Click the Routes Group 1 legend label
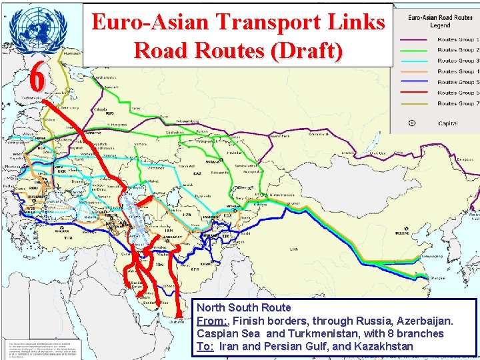tap(458, 39)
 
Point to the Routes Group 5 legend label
tap(458, 81)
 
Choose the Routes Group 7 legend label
tap(458, 103)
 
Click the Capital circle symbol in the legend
tap(412, 123)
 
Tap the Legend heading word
tap(440, 25)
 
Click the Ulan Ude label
tap(378, 153)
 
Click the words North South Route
tap(244, 308)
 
